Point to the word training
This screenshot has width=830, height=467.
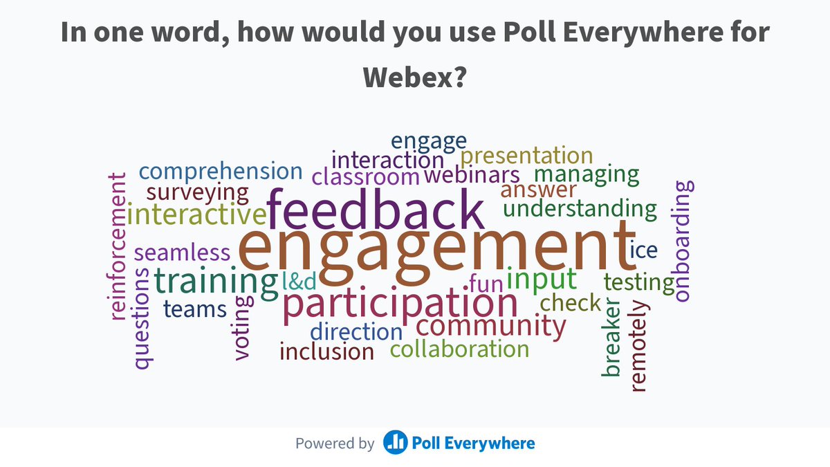coord(215,281)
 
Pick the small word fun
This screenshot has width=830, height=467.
coord(485,283)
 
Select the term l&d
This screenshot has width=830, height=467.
coord(299,280)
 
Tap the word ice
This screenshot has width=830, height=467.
coord(643,250)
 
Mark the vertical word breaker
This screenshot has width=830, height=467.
coord(611,337)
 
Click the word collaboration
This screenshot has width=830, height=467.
coord(459,349)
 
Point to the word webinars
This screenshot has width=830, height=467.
coord(472,175)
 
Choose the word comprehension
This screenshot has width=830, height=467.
coord(221,172)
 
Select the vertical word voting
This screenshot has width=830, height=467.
coord(241,328)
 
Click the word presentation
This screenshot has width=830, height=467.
coord(527,156)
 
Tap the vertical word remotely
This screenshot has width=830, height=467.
coord(638,346)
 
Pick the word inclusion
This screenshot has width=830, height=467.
coord(326,351)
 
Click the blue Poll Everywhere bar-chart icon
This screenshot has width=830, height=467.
coord(395,443)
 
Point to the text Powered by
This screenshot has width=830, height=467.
coord(335,443)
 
